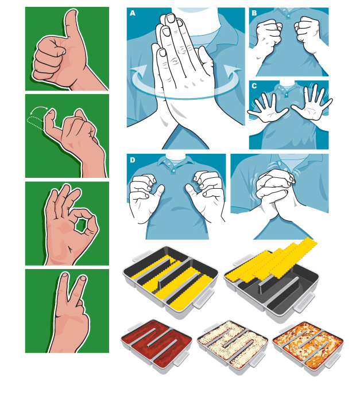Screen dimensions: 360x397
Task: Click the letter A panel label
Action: click(132, 13)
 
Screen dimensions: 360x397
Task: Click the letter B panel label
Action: click(254, 13)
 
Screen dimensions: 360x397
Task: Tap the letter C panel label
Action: click(254, 86)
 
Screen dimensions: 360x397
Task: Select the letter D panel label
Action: click(132, 160)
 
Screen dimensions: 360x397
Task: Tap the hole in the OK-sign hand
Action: click(81, 225)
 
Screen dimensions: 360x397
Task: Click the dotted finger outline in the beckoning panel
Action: click(36, 123)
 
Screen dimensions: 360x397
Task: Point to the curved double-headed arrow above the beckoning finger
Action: click(38, 108)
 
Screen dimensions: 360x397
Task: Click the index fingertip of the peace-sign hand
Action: click(64, 276)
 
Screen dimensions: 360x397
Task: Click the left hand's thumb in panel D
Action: click(159, 190)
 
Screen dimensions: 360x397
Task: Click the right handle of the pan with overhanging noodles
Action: click(304, 302)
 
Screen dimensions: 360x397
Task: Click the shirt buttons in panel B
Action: click(288, 14)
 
